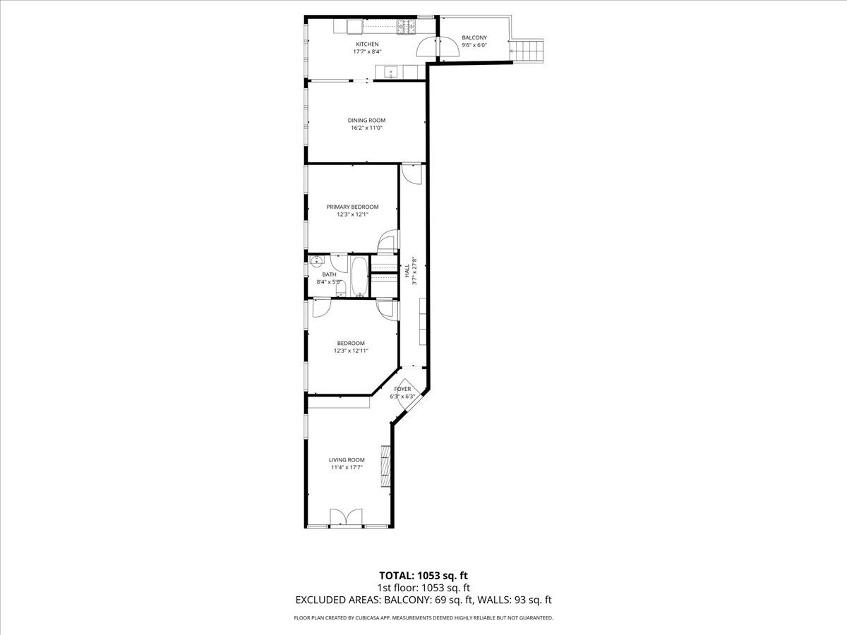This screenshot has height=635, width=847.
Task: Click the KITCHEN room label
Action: pos(366,44)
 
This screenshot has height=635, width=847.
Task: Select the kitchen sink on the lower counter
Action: pos(390,71)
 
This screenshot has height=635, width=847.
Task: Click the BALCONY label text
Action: pos(474,37)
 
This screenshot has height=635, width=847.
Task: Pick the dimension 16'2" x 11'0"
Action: pos(366,128)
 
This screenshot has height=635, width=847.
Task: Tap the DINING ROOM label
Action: pos(366,120)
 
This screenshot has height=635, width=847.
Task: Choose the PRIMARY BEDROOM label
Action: pos(352,207)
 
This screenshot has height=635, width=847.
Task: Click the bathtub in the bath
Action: pos(359,276)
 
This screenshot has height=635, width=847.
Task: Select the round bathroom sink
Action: pos(317,261)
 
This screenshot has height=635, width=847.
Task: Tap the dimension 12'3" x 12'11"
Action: pos(351,351)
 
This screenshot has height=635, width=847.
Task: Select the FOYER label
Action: pos(402,389)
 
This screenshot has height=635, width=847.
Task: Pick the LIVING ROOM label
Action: pos(347,459)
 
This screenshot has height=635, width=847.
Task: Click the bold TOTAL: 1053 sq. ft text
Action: pos(423,576)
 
